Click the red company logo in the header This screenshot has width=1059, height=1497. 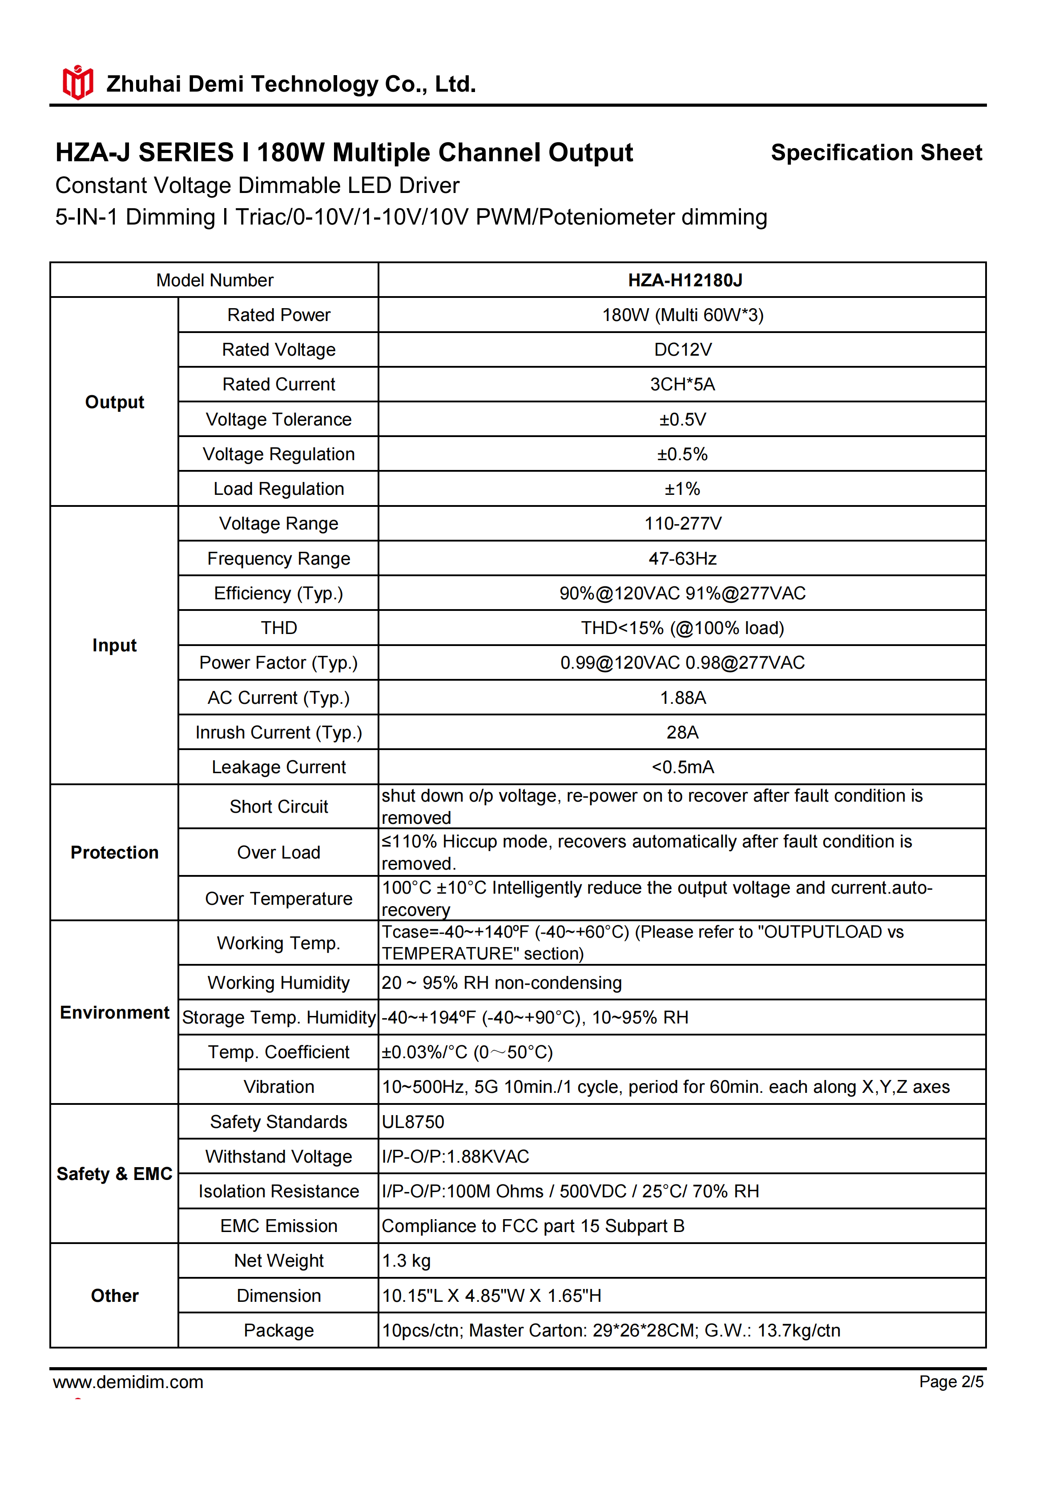tap(77, 83)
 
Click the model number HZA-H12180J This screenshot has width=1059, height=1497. tap(685, 281)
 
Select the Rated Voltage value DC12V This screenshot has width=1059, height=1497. tap(682, 350)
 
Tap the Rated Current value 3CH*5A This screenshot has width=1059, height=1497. tap(682, 385)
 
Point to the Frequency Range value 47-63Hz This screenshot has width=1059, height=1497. tap(682, 559)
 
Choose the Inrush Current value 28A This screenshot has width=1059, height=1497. tap(682, 733)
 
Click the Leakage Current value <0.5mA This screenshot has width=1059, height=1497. tap(682, 767)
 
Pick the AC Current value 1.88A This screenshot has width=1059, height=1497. tap(682, 698)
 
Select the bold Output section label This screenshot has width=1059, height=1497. tap(115, 402)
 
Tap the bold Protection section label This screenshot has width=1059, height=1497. tap(115, 853)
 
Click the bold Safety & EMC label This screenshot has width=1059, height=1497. tap(115, 1174)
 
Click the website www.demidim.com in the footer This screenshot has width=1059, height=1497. tap(129, 1382)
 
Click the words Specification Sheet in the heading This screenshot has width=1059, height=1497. tap(876, 153)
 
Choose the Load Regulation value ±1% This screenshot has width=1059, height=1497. tap(682, 489)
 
